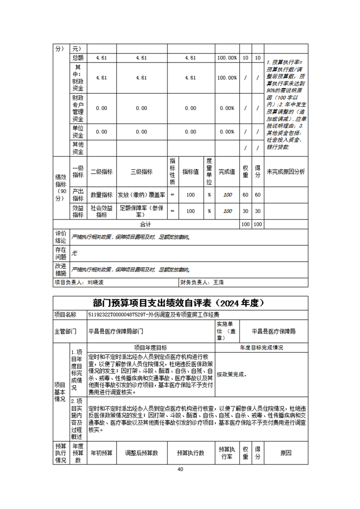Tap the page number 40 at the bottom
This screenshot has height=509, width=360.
point(180,469)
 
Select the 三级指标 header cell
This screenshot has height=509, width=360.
point(141,172)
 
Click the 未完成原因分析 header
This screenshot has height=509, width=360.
point(286,172)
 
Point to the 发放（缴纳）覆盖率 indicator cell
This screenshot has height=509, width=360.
point(141,195)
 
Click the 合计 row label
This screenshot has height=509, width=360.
point(145,224)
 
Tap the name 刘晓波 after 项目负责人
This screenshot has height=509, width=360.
point(96,282)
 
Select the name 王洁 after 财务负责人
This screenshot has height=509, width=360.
point(218,282)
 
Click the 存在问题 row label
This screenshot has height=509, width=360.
point(60,254)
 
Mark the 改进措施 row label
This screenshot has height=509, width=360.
point(60,269)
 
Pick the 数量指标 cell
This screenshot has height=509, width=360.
point(101,195)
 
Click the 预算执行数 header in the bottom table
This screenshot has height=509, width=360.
point(190,453)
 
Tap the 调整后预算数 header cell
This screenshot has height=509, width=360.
point(141,453)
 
